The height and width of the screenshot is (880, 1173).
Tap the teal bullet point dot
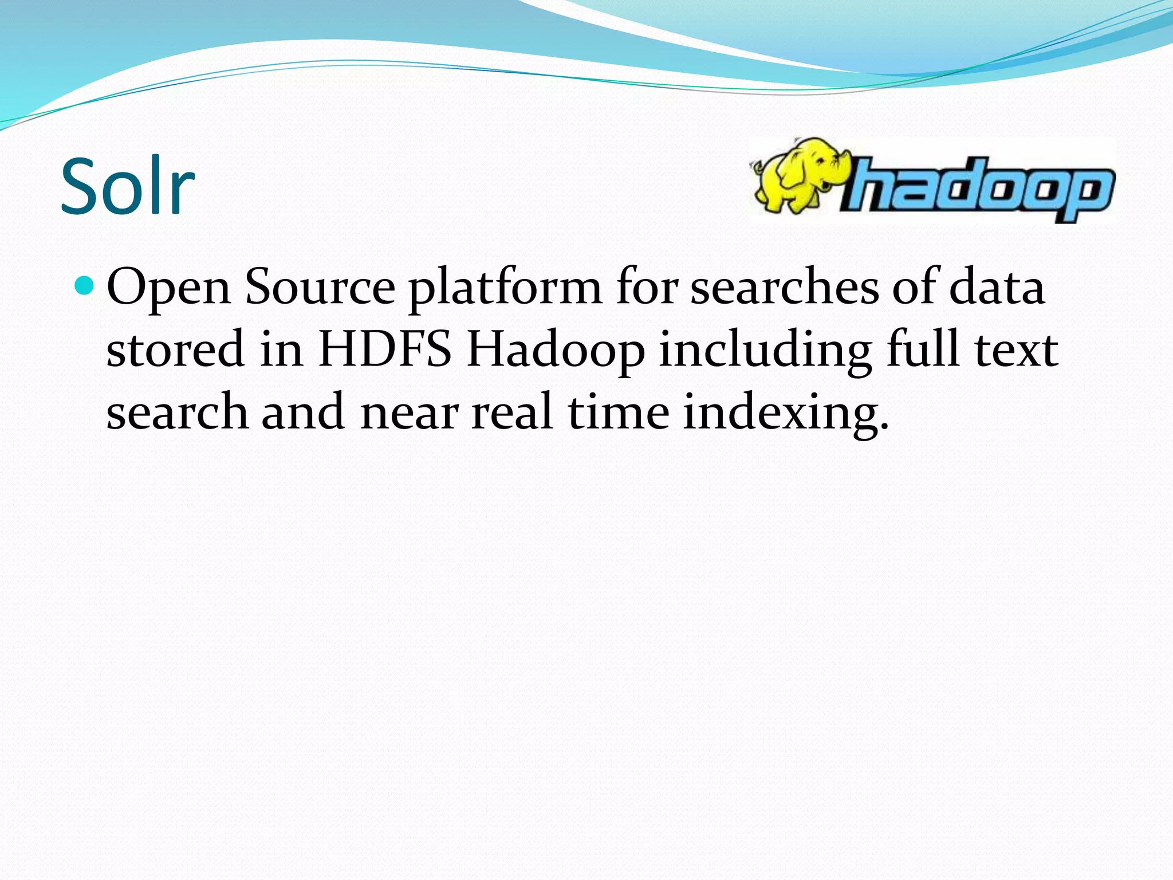tap(84, 285)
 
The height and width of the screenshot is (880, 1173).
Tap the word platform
tap(505, 288)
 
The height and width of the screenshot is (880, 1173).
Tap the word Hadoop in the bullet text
tap(556, 350)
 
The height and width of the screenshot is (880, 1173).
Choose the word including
tap(765, 351)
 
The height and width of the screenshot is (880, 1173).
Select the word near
tap(410, 412)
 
